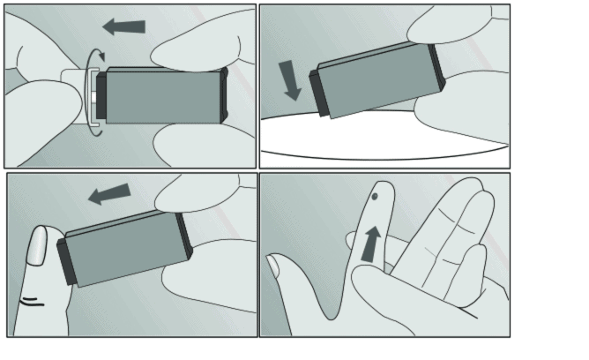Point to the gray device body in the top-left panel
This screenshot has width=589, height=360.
click(x=163, y=97)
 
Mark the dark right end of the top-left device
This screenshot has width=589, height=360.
click(x=224, y=94)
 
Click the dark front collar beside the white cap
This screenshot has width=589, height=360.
click(x=101, y=97)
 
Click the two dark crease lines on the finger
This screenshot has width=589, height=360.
click(x=32, y=303)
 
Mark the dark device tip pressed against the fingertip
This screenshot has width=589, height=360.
click(x=66, y=261)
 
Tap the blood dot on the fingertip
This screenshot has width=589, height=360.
click(x=376, y=198)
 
